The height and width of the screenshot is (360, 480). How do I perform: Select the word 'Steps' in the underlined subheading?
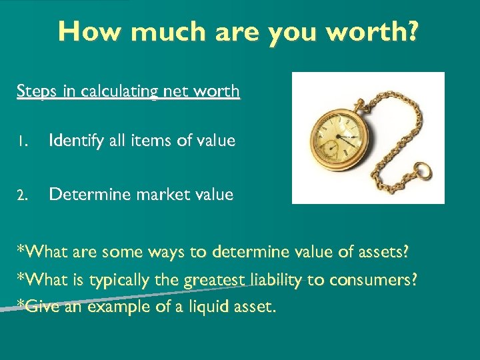(37, 91)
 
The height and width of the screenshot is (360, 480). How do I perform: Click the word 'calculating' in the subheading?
(119, 91)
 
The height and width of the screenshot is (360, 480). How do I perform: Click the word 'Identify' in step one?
(75, 141)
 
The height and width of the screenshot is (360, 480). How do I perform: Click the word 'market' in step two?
(155, 195)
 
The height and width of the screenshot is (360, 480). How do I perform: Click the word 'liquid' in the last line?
(191, 307)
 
